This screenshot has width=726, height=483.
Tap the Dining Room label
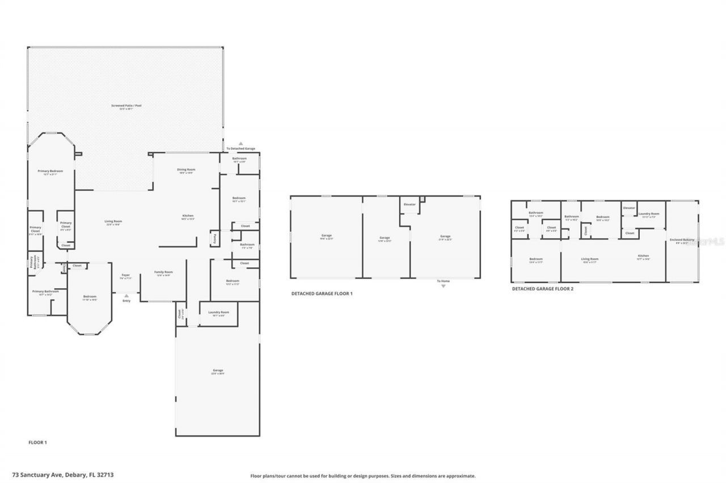(187, 170)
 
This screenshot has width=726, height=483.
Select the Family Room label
(164, 272)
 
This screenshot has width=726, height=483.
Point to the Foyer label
(126, 276)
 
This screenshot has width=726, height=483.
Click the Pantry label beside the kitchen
(215, 238)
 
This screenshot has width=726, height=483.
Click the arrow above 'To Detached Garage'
(240, 144)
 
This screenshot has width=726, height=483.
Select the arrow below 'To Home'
(444, 286)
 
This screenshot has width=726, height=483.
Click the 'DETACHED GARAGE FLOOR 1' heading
(322, 294)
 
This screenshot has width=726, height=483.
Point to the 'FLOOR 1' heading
(37, 442)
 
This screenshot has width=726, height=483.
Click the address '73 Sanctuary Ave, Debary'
(62, 476)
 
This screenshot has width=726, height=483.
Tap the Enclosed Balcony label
(682, 240)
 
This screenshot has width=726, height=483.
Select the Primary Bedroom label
(50, 171)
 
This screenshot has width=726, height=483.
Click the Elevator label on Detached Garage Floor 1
(410, 204)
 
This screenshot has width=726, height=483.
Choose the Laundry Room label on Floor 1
(218, 312)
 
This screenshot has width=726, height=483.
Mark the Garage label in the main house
(218, 370)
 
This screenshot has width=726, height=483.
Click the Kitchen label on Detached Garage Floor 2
(643, 256)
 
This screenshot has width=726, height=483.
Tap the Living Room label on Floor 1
(113, 221)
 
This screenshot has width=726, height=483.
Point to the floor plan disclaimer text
(363, 476)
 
